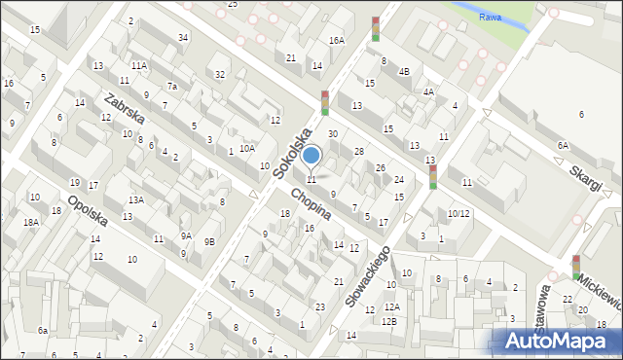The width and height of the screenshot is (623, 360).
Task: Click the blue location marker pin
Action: (x=311, y=156)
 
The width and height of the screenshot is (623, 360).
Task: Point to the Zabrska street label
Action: (x=126, y=114)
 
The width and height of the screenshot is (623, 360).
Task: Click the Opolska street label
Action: (x=88, y=216)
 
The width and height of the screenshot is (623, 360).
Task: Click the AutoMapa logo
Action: (x=560, y=342)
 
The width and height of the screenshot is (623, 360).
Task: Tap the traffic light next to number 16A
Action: (x=376, y=28)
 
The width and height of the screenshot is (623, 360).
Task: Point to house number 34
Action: (x=183, y=37)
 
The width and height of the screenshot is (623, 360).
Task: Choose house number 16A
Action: (x=336, y=40)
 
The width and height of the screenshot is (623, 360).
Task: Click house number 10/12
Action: (x=458, y=213)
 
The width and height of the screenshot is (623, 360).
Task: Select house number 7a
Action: (x=171, y=86)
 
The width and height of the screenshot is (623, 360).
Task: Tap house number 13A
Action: (x=136, y=199)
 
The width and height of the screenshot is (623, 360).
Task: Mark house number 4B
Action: (x=404, y=71)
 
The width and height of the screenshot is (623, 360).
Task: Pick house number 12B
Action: (x=389, y=320)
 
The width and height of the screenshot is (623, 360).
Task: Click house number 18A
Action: (x=31, y=222)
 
